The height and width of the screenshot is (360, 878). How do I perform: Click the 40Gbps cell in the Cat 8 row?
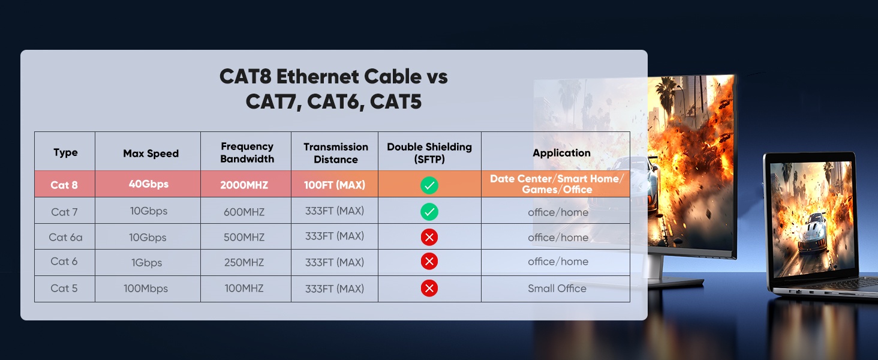(149, 184)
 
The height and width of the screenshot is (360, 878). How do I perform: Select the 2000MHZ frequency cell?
(244, 185)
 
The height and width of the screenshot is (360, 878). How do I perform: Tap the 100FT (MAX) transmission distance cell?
(335, 185)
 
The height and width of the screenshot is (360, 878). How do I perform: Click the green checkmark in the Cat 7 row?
(429, 212)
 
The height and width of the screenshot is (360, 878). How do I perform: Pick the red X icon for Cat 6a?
(429, 237)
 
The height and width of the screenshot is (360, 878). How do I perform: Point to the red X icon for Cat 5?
(429, 288)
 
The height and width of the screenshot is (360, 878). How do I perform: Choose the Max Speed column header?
(151, 154)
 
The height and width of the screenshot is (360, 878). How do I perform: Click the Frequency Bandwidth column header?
(247, 152)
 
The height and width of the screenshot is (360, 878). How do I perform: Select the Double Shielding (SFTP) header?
(429, 153)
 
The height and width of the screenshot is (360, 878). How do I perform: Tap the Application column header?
(561, 153)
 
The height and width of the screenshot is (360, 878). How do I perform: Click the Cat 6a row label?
(65, 237)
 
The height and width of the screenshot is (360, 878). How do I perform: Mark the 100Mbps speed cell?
(146, 289)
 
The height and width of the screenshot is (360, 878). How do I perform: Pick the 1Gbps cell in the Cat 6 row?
(146, 262)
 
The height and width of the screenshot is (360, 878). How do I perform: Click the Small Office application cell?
(557, 288)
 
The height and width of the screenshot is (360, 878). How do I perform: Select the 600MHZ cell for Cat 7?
(244, 212)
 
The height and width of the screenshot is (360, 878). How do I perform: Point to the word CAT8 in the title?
(245, 76)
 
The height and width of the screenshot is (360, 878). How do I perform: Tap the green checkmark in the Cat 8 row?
(429, 185)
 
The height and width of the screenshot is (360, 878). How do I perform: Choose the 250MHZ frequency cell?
(244, 262)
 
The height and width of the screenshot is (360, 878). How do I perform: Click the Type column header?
(65, 152)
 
